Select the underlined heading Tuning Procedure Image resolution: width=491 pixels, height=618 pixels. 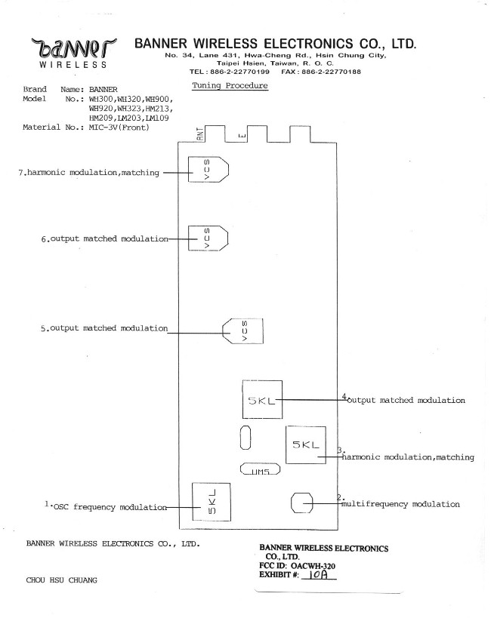230,86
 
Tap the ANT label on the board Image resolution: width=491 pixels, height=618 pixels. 199,135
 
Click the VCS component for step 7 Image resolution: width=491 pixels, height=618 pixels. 208,174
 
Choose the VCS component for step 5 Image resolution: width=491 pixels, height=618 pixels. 245,330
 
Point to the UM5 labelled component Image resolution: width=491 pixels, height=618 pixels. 260,469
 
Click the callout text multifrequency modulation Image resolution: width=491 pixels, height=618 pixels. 401,504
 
